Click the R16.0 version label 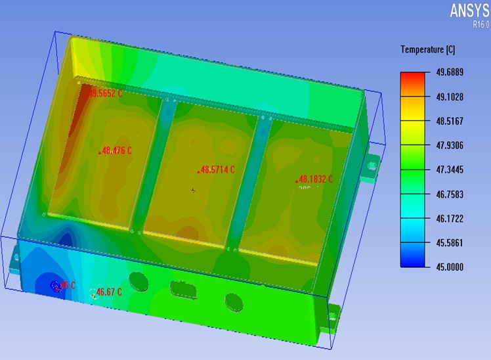click(x=480, y=24)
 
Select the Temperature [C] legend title click(x=427, y=50)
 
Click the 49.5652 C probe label click(x=106, y=94)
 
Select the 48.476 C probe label click(x=117, y=150)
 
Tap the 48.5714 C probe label click(x=217, y=169)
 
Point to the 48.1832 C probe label click(x=316, y=179)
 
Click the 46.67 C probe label click(x=109, y=292)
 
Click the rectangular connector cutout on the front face click(x=181, y=289)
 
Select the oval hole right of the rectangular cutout click(x=233, y=301)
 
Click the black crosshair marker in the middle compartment click(x=193, y=191)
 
